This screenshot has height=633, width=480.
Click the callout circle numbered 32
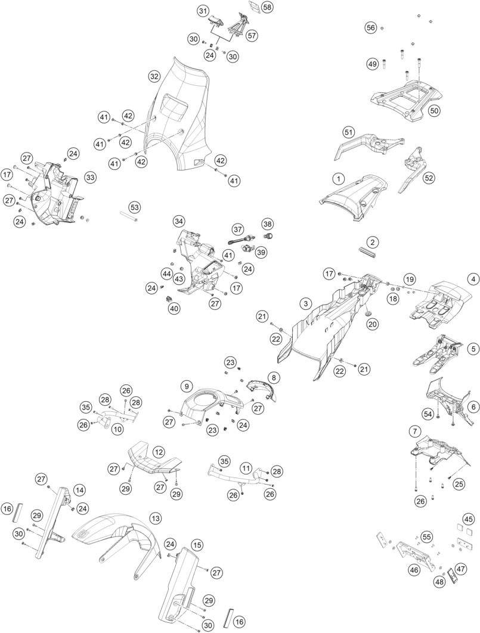pyautogui.click(x=154, y=76)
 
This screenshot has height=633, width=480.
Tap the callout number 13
pyautogui.click(x=154, y=517)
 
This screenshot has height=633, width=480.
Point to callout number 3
pyautogui.click(x=306, y=303)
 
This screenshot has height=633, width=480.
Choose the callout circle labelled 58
pyautogui.click(x=267, y=7)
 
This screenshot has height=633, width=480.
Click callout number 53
pyautogui.click(x=134, y=207)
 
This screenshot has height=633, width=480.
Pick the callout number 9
pyautogui.click(x=187, y=386)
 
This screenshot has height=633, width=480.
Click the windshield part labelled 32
pyautogui.click(x=178, y=117)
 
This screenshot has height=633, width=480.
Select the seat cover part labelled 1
pyautogui.click(x=353, y=197)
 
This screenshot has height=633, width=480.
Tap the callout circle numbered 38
pyautogui.click(x=267, y=224)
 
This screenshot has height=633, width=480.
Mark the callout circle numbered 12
pyautogui.click(x=159, y=451)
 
